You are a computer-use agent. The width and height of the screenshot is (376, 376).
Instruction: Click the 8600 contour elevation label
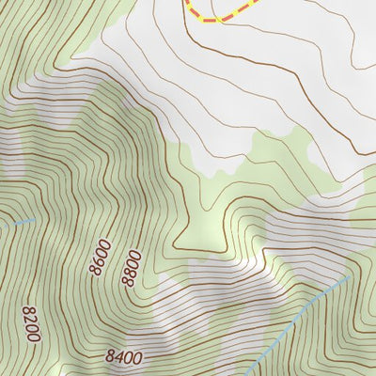coord(101,257)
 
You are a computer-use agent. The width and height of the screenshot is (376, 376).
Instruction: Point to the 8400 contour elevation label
coord(123,357)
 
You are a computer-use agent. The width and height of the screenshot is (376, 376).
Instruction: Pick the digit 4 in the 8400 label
coord(118,357)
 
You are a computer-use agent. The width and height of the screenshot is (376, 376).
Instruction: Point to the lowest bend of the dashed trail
coord(218,20)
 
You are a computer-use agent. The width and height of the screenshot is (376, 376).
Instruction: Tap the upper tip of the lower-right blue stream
coord(351,275)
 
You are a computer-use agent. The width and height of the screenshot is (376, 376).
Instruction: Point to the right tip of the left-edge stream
coord(35,219)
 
